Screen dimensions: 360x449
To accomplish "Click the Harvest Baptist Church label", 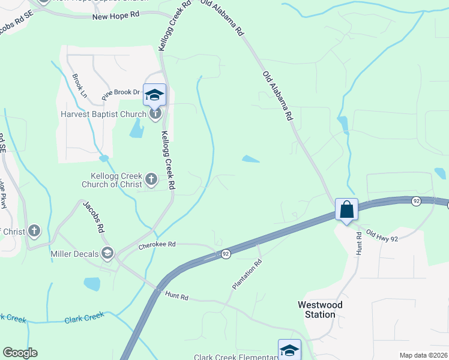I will [103, 114].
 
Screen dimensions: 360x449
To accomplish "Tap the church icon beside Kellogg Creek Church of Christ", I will [151, 178].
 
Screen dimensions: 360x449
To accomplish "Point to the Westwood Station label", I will [320, 310].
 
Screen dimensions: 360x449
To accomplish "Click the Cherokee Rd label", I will [157, 244].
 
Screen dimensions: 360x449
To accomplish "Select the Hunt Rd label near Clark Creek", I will [177, 296].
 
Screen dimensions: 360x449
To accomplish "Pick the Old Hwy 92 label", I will [382, 236].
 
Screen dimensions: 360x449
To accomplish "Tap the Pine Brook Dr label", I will [120, 93].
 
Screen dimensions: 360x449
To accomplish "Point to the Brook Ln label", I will [79, 82].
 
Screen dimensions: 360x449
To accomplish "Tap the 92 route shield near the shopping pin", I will [416, 202].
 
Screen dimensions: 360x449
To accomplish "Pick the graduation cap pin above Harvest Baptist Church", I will [154, 94].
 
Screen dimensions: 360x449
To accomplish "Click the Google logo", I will [20, 353].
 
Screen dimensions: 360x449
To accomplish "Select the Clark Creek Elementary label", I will [235, 357].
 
